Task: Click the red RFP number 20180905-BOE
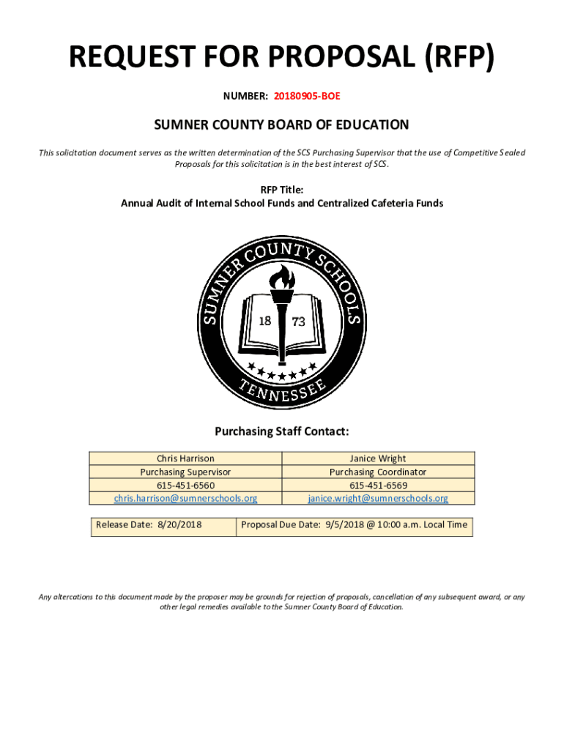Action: (x=307, y=95)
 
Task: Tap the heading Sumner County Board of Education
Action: (x=281, y=125)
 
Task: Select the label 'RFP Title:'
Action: (x=281, y=190)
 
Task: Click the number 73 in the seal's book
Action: (x=299, y=321)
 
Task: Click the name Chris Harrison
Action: (x=185, y=459)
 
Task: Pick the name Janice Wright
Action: (x=377, y=459)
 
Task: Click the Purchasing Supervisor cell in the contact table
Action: (x=185, y=472)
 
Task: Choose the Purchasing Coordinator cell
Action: (x=377, y=472)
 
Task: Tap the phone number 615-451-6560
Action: (x=185, y=486)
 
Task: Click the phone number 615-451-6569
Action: (x=377, y=486)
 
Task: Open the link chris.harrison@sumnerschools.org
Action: (x=185, y=499)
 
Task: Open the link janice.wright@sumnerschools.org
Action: (x=377, y=499)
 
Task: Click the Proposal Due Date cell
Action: (x=354, y=525)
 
